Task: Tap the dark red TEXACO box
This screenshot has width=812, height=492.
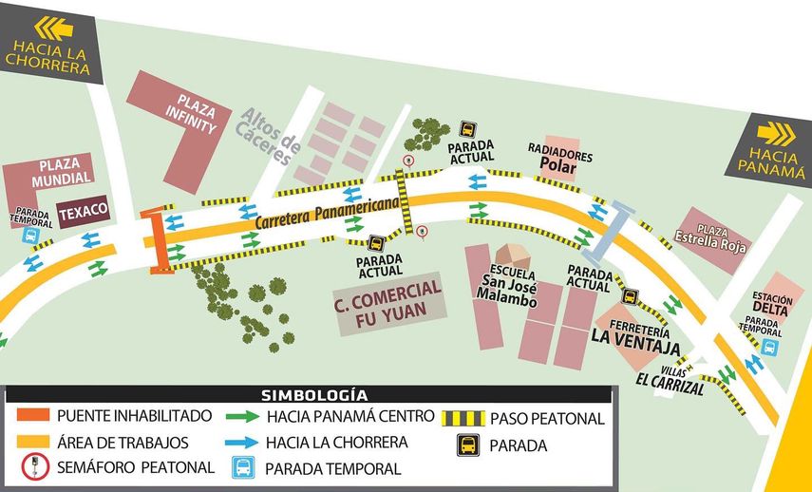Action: pos(84,212)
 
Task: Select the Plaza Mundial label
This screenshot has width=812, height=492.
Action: pos(61,170)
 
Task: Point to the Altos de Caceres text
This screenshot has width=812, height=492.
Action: pos(271,138)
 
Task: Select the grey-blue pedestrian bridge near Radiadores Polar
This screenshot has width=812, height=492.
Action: pos(607,232)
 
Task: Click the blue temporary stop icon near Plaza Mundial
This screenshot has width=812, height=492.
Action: pos(29,236)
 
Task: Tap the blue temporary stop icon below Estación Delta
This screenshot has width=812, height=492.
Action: pos(769,349)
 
